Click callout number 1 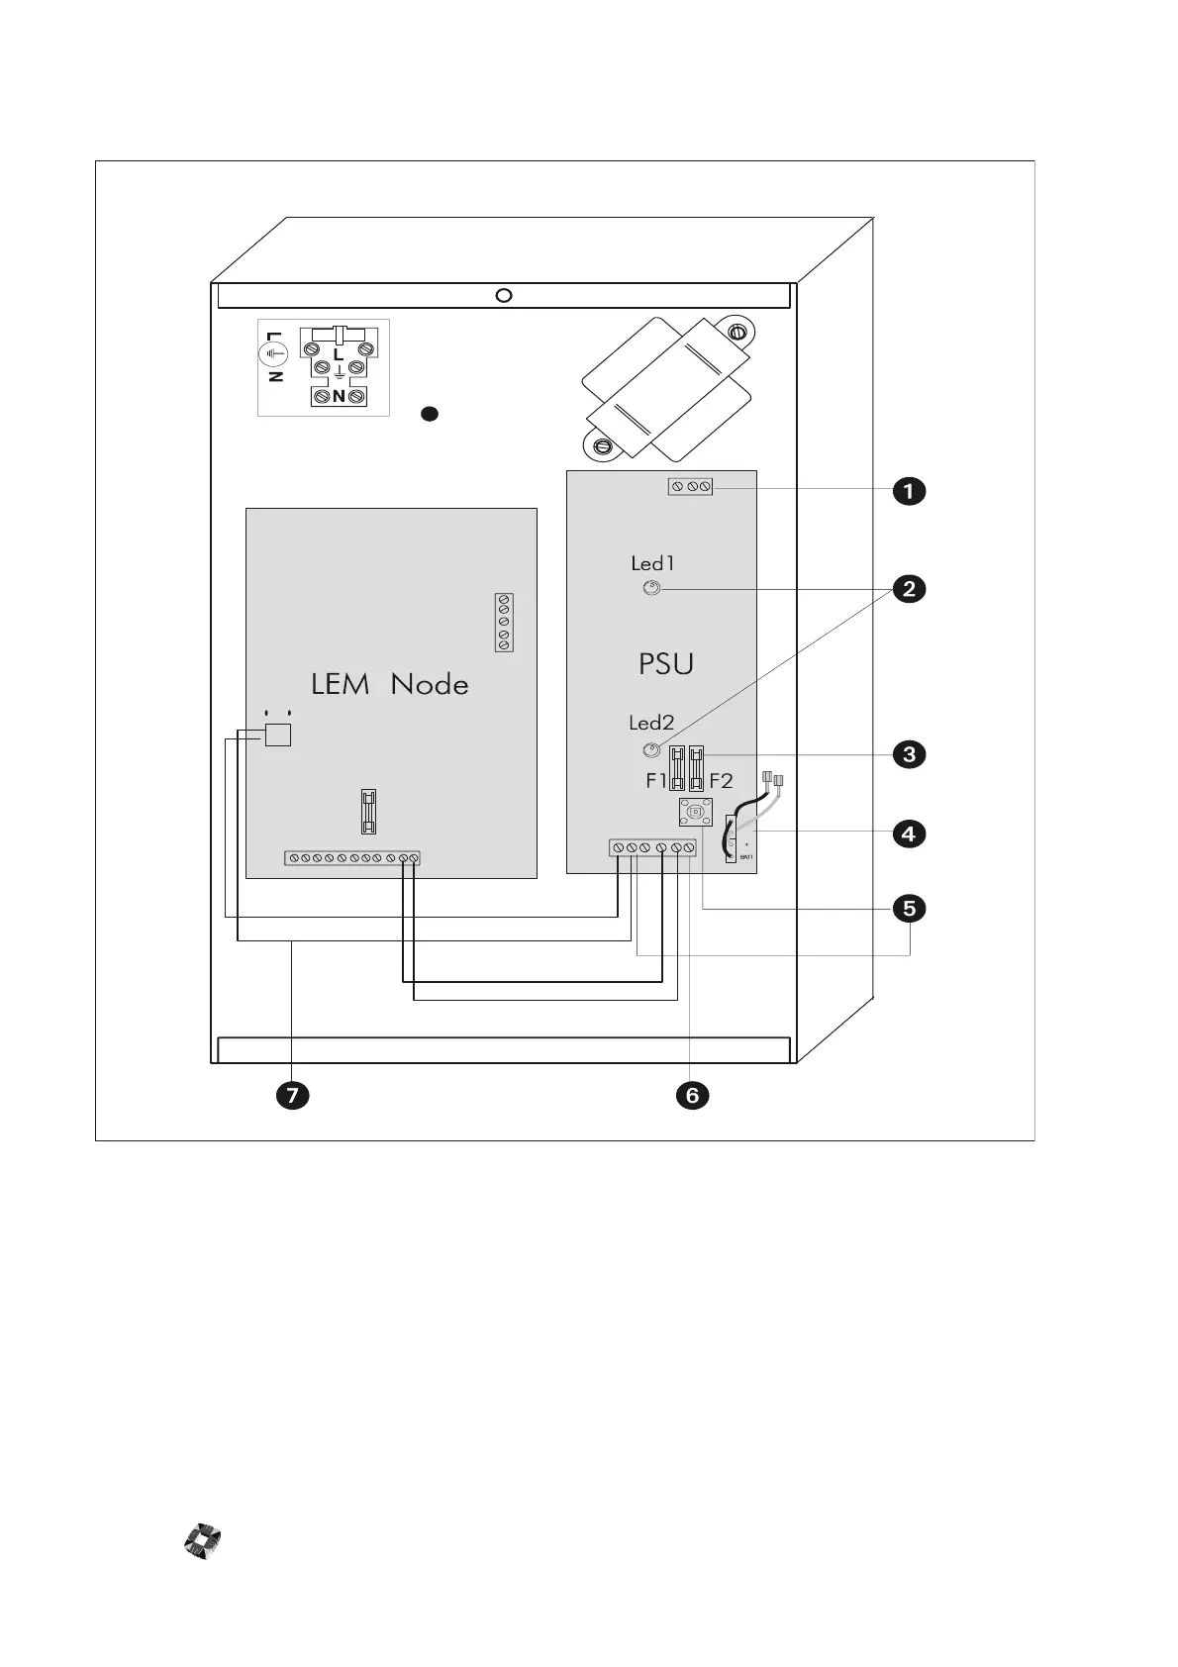tap(909, 491)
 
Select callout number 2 tap(909, 589)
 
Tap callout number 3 tap(909, 754)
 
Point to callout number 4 tap(909, 833)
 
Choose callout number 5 tap(909, 908)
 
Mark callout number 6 tap(691, 1095)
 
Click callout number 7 tap(292, 1095)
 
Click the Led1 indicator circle tap(651, 590)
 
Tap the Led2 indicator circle tap(651, 749)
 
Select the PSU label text tap(666, 664)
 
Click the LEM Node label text tap(389, 684)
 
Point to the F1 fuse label tap(656, 781)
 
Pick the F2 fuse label tap(721, 781)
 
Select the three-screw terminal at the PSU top tap(690, 486)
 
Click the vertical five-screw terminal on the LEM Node tap(504, 623)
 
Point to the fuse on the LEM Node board tap(368, 811)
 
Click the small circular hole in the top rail tap(503, 295)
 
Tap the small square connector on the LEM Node tap(278, 734)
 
